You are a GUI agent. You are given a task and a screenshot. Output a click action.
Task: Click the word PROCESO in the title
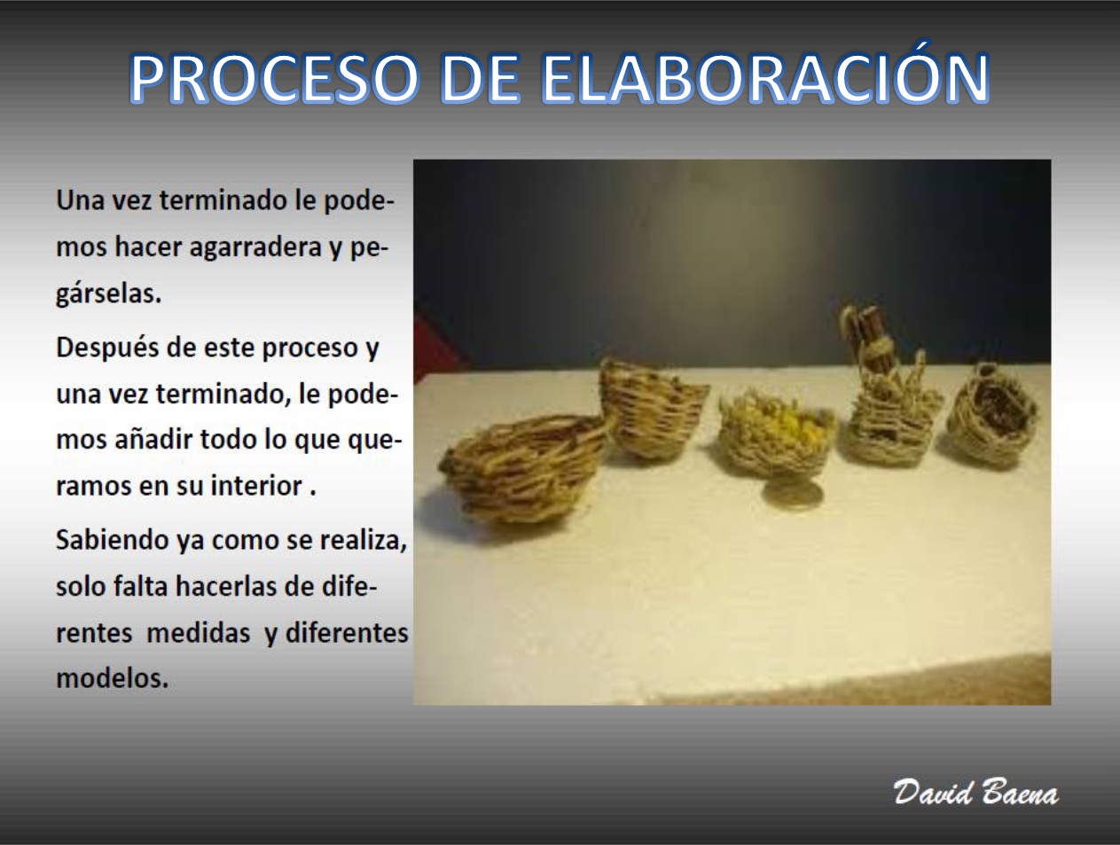coord(274,78)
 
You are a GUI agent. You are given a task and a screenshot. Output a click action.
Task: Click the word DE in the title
coord(480,78)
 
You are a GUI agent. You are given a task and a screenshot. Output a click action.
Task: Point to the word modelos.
coord(113,679)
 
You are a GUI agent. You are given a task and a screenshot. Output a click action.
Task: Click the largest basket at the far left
coord(521,469)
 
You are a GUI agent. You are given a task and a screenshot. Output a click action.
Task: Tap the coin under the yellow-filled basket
coord(793,494)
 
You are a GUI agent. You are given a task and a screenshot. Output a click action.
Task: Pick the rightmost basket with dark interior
coord(992,414)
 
